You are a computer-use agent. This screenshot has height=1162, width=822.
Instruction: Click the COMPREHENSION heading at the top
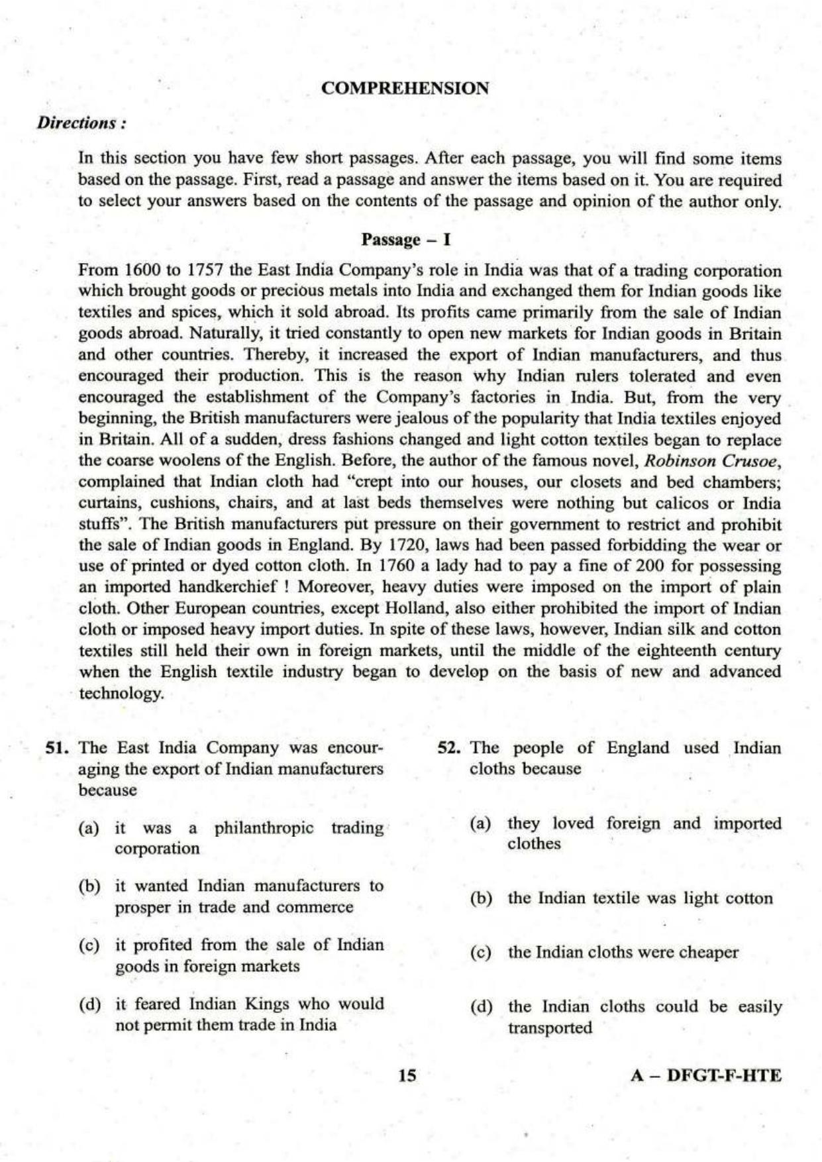[x=405, y=88]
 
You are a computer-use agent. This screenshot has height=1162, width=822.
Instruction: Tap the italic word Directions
[x=80, y=123]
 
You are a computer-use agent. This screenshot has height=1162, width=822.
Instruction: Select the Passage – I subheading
[x=405, y=239]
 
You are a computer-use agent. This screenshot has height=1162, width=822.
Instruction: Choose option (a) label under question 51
[x=88, y=828]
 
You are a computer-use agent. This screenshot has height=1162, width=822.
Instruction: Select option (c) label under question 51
[x=88, y=945]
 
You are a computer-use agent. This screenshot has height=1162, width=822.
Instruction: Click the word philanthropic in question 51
[x=264, y=828]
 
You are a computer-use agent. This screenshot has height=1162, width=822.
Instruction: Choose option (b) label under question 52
[x=480, y=899]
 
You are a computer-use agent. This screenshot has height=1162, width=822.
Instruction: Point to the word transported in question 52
[x=549, y=1028]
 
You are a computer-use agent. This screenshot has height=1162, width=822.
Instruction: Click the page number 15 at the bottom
[x=408, y=1075]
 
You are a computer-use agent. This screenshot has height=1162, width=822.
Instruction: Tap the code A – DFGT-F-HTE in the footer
[x=705, y=1075]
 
